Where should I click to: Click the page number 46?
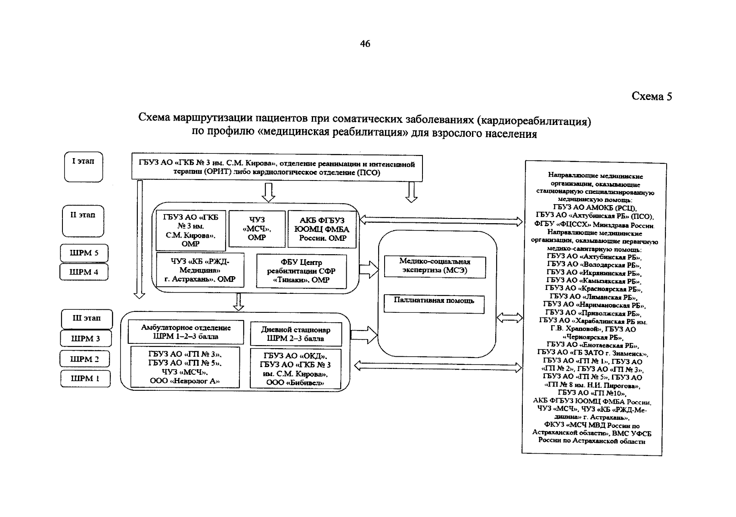[x=365, y=44]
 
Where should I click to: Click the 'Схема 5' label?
[x=651, y=96]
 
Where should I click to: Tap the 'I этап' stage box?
[x=84, y=166]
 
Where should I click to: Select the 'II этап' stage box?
[x=83, y=220]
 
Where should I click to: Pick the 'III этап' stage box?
[x=87, y=319]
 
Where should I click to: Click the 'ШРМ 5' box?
[x=84, y=253]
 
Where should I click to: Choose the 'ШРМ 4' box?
[x=84, y=272]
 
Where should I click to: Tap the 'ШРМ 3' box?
[x=85, y=339]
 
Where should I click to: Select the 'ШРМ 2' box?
[x=85, y=359]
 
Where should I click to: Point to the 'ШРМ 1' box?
[x=85, y=379]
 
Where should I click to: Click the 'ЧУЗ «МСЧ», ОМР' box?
[x=257, y=229]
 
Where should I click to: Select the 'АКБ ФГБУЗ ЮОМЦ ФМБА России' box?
[x=322, y=229]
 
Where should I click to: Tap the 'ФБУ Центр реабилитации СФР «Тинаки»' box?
[x=301, y=271]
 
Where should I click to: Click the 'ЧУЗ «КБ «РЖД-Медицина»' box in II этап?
[x=200, y=270]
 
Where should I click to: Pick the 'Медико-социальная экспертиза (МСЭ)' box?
[x=435, y=266]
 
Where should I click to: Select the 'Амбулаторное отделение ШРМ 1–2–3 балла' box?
[x=186, y=332]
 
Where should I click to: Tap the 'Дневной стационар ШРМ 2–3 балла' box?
[x=295, y=334]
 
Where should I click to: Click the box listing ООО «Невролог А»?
[x=185, y=367]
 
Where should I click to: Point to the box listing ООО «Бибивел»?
[x=295, y=369]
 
